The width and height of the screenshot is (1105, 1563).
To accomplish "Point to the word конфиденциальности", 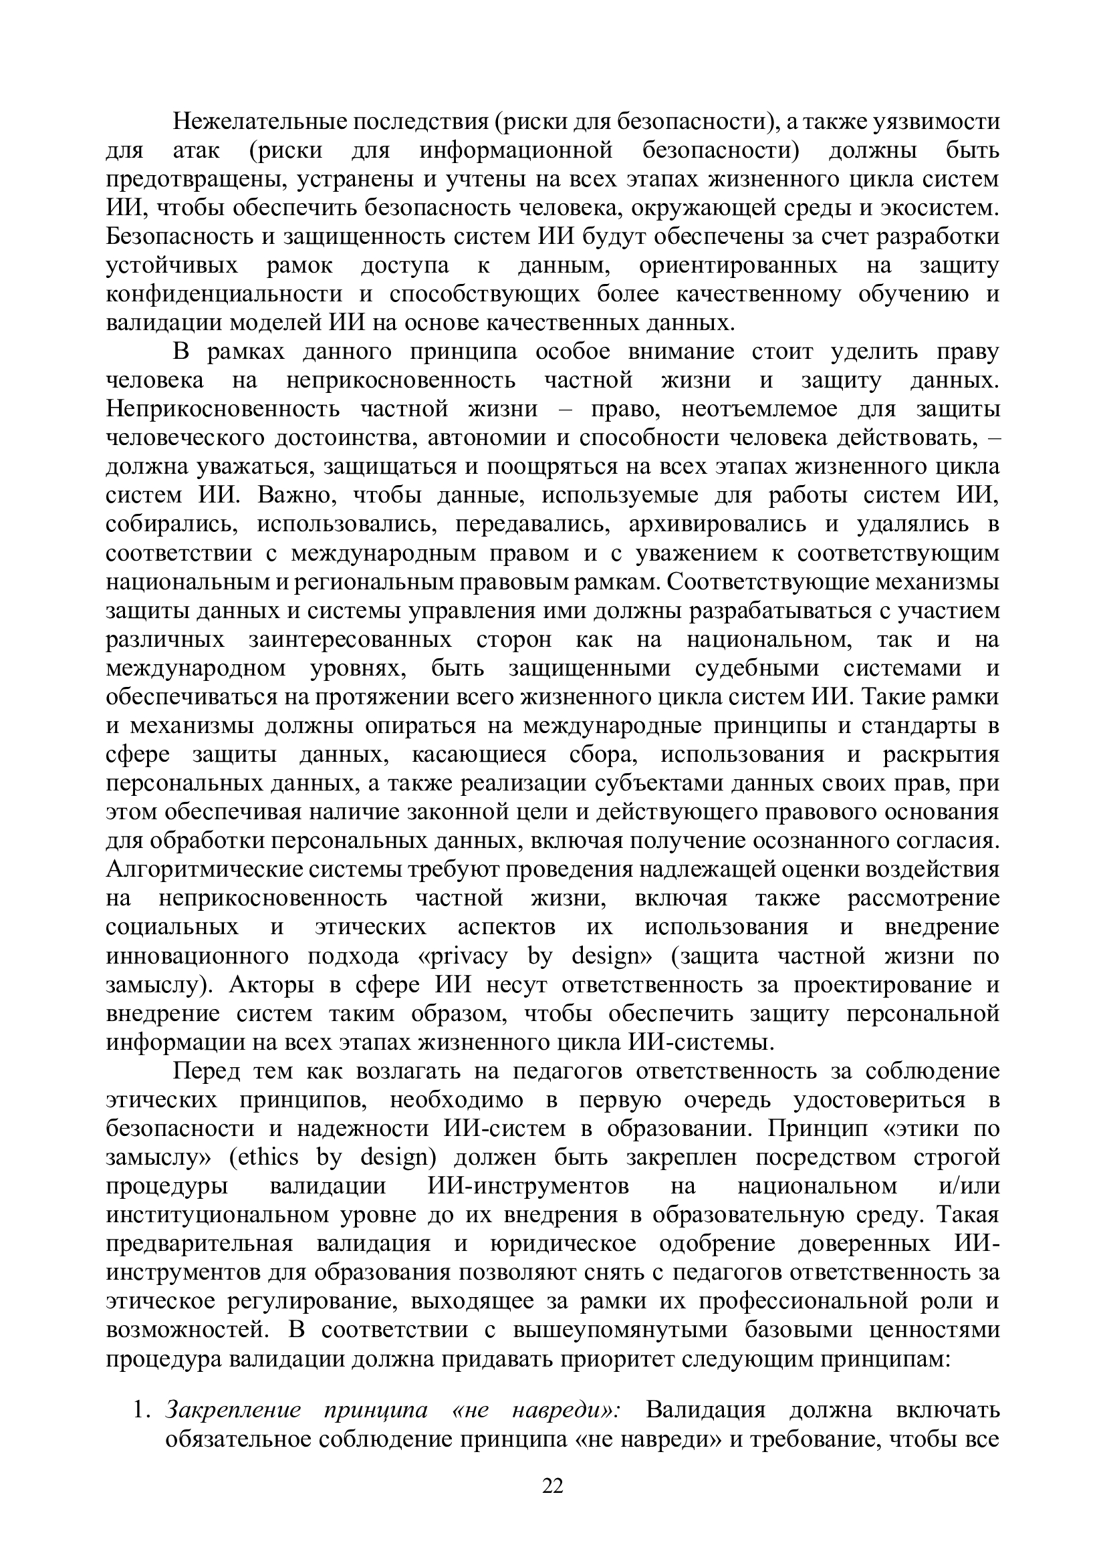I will point(225,294).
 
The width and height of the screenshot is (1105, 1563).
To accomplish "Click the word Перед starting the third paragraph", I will point(207,1071).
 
